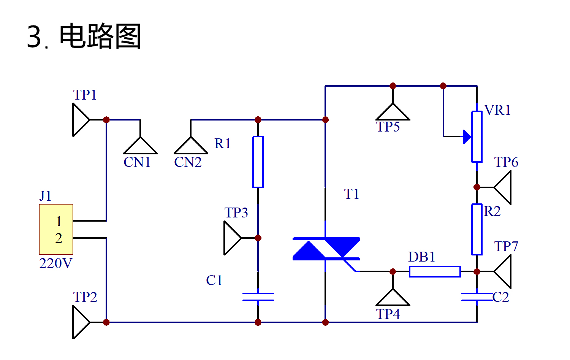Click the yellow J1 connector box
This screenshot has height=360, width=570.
tap(56, 229)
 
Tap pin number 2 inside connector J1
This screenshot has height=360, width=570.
tap(59, 238)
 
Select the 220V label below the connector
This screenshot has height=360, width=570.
tap(55, 263)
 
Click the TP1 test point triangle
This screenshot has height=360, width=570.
tap(80, 120)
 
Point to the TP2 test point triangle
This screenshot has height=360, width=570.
tap(80, 322)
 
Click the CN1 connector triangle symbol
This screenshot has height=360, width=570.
tap(140, 147)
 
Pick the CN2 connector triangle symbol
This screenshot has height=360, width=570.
tap(191, 147)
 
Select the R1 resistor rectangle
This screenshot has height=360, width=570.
tap(258, 162)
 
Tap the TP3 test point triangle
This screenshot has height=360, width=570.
tap(231, 238)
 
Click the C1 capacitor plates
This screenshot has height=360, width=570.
tap(258, 297)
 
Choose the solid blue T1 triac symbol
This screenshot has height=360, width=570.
tap(326, 249)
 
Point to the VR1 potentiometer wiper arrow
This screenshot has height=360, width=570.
tap(467, 136)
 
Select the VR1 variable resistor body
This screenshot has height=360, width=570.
tap(477, 137)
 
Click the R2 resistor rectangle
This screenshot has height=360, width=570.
tap(477, 229)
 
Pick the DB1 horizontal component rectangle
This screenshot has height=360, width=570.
tap(435, 271)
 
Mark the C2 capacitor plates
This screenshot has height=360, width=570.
tap(477, 297)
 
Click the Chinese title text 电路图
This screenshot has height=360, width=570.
tap(100, 36)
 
